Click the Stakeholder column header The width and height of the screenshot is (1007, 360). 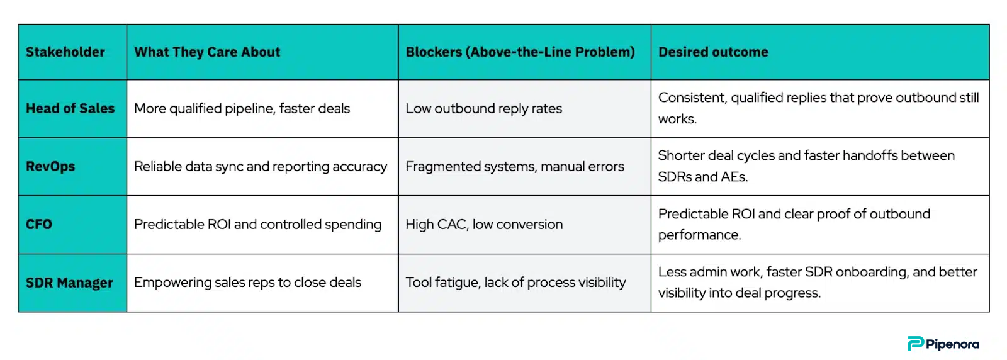point(65,52)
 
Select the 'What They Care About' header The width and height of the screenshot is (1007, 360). point(207,52)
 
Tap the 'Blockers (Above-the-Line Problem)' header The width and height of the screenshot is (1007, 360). point(520,52)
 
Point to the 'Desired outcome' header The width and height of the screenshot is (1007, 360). point(714,52)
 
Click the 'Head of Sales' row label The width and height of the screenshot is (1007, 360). point(70,108)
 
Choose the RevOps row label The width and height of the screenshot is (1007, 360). point(50,166)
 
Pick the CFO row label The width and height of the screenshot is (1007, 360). point(38,224)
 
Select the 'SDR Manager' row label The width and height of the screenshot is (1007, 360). point(69,283)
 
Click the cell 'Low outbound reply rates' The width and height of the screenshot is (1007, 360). point(484,109)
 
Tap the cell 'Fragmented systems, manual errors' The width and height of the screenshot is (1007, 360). point(515,167)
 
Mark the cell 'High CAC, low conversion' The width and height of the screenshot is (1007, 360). point(484,224)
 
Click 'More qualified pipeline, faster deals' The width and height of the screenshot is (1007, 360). point(242,109)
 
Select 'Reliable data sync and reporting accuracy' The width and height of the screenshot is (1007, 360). point(261,167)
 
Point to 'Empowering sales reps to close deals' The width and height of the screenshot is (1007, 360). point(248,283)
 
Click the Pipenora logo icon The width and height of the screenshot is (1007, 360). point(915,344)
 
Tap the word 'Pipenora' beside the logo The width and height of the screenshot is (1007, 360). point(952,345)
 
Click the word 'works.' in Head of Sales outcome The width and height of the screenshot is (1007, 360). point(677,119)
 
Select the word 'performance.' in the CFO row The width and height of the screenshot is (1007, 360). point(699,235)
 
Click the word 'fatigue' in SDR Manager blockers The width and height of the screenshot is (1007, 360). point(458,283)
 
